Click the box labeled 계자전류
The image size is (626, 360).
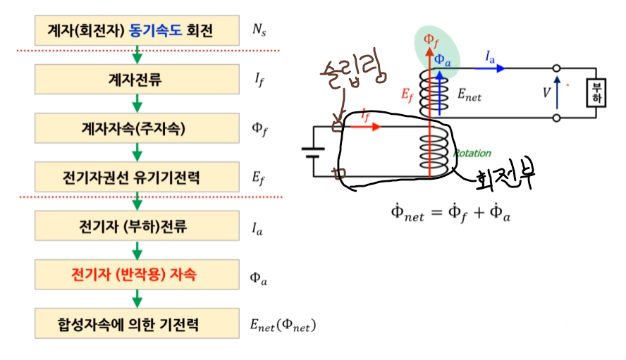(x=137, y=80)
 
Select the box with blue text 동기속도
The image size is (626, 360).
(x=137, y=30)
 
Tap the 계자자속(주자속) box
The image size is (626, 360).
(x=137, y=128)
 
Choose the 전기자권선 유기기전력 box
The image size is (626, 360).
(x=137, y=177)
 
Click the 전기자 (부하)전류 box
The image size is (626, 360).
(x=137, y=226)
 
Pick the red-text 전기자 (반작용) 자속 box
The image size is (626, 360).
(x=137, y=275)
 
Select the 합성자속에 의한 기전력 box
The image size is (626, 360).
(x=137, y=323)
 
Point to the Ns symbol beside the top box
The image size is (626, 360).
(x=259, y=30)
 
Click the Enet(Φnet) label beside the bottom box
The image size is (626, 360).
(x=283, y=325)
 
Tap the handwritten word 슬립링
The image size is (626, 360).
(x=353, y=73)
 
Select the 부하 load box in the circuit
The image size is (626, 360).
(x=596, y=93)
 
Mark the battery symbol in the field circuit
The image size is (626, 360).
(x=313, y=152)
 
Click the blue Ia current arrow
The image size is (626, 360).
(x=489, y=68)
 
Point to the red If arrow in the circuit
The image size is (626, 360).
(x=365, y=127)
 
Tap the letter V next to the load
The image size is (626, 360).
(x=546, y=93)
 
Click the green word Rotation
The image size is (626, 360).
(x=472, y=154)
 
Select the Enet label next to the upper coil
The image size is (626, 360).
(x=469, y=95)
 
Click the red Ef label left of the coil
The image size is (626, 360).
(x=407, y=95)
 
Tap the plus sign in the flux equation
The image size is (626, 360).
(x=479, y=212)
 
